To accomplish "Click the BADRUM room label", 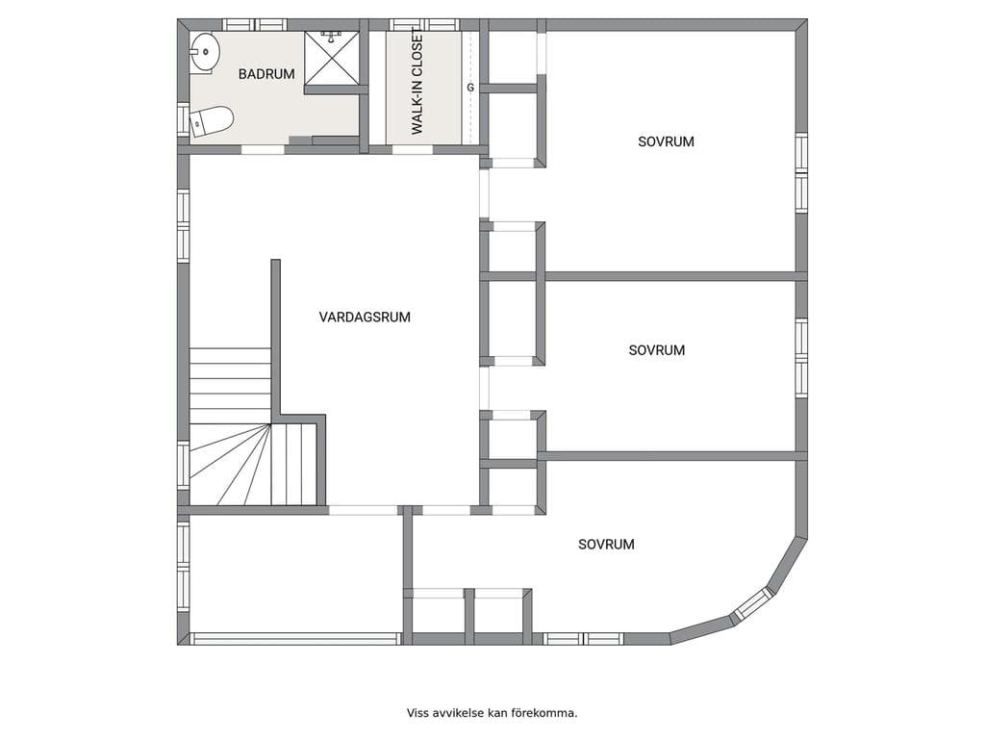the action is point(266,74).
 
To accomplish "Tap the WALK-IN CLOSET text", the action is point(417,82).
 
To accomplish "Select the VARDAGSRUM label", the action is point(365,317).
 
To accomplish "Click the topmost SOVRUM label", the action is point(666,141).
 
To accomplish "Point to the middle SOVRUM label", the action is point(656,350).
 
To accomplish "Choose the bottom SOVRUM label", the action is point(606,545).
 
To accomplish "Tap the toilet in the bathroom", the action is point(211,120).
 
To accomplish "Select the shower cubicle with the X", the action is point(332,58).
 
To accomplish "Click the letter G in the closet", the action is point(470,88).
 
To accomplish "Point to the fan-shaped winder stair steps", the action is point(230,465).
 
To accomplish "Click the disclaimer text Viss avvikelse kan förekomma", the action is point(492,713).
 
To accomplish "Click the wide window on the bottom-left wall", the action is point(295,639).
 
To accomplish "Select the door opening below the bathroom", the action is point(264,149).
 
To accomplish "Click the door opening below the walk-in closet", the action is point(413,149).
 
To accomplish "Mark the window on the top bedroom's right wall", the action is point(801,173).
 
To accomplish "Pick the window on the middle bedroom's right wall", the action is point(801,359).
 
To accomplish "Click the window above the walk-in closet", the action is point(424,24).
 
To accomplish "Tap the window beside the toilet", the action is point(183,118).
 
